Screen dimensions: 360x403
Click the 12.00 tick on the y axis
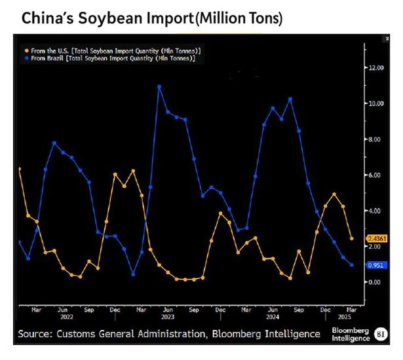[375, 67]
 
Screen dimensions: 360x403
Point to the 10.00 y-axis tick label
[375, 103]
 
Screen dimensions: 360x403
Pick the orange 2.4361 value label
[379, 238]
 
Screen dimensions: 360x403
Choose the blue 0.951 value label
[377, 265]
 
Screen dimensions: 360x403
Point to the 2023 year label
[168, 317]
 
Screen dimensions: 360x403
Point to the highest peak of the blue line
[159, 86]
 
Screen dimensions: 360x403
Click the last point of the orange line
[353, 239]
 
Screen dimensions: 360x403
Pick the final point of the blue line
[353, 265]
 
